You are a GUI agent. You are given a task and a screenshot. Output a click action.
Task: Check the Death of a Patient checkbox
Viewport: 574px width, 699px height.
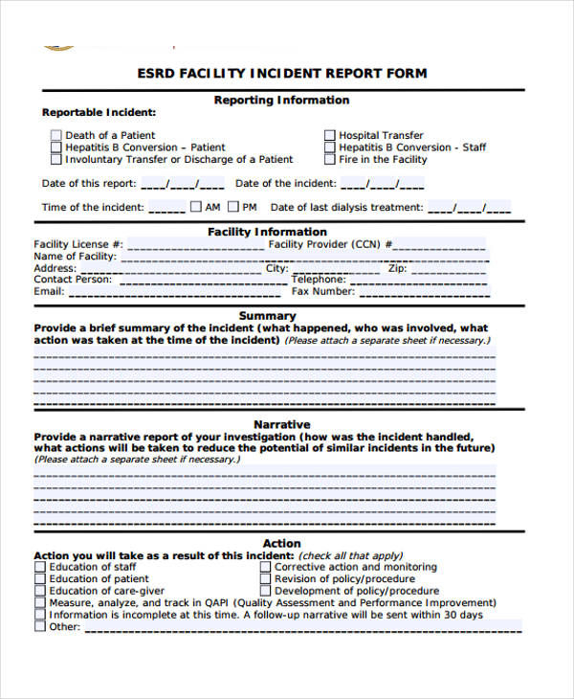pos(55,136)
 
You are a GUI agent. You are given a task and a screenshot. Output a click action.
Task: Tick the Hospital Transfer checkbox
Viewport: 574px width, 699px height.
pos(330,136)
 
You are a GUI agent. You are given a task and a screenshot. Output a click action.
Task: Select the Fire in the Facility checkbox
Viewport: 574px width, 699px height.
pos(330,160)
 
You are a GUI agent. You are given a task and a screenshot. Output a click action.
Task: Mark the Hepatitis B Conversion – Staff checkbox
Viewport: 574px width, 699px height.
pos(330,147)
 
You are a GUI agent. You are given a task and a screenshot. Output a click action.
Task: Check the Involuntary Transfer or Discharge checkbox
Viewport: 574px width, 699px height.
pos(55,160)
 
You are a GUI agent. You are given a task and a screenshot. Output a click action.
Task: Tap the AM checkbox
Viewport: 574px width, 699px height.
pos(196,207)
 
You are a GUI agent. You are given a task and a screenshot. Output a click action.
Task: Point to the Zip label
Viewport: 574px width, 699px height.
pos(397,269)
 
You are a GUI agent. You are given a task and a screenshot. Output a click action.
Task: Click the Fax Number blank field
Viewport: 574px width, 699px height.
pos(422,292)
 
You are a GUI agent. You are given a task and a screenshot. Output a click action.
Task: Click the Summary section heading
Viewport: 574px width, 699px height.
pos(267,316)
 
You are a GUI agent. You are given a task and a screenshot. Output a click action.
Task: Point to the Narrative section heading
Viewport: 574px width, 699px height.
pos(281,424)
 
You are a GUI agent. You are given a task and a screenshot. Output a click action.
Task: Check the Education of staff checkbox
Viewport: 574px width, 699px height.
pos(39,567)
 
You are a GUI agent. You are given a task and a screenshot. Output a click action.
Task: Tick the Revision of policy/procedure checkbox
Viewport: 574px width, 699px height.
pos(265,579)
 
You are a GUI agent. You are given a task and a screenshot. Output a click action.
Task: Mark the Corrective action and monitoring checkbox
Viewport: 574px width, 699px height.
pos(265,567)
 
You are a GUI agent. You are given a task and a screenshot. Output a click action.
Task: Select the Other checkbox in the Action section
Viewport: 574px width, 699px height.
pos(39,627)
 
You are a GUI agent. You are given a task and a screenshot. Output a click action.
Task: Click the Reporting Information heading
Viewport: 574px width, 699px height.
pos(281,101)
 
